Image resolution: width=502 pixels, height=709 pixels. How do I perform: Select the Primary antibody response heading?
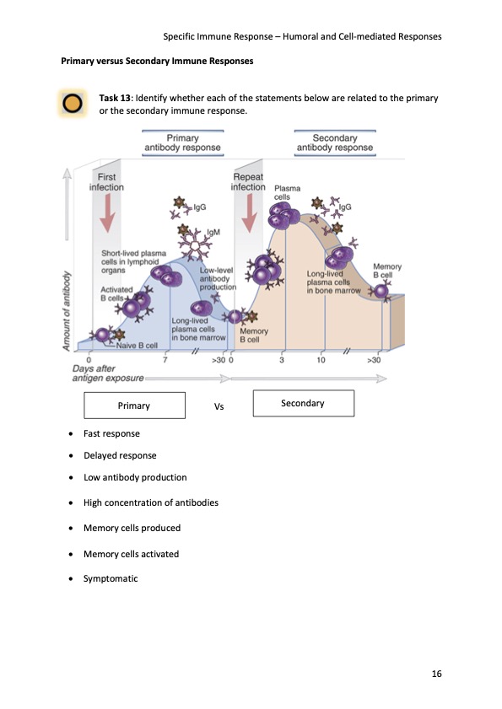[183, 142]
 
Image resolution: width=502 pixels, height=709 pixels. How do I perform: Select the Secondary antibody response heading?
[335, 142]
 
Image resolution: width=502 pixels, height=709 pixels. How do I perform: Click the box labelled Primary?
[134, 406]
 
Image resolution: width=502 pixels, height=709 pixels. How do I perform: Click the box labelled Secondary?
[302, 404]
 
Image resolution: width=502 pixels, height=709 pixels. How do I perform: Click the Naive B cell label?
[137, 346]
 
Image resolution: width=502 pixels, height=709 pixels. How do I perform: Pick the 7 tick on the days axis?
[165, 359]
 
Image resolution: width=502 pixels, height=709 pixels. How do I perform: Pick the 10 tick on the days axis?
[321, 359]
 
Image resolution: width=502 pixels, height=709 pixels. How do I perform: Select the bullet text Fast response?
[111, 433]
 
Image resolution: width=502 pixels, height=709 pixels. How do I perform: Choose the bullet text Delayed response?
[120, 456]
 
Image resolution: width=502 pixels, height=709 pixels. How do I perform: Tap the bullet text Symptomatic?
[110, 579]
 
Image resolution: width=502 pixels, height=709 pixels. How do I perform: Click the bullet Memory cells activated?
[131, 554]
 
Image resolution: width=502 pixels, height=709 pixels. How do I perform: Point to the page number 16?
[436, 674]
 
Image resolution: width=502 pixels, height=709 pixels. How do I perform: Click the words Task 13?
[116, 99]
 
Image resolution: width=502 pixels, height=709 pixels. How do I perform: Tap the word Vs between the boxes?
[219, 406]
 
